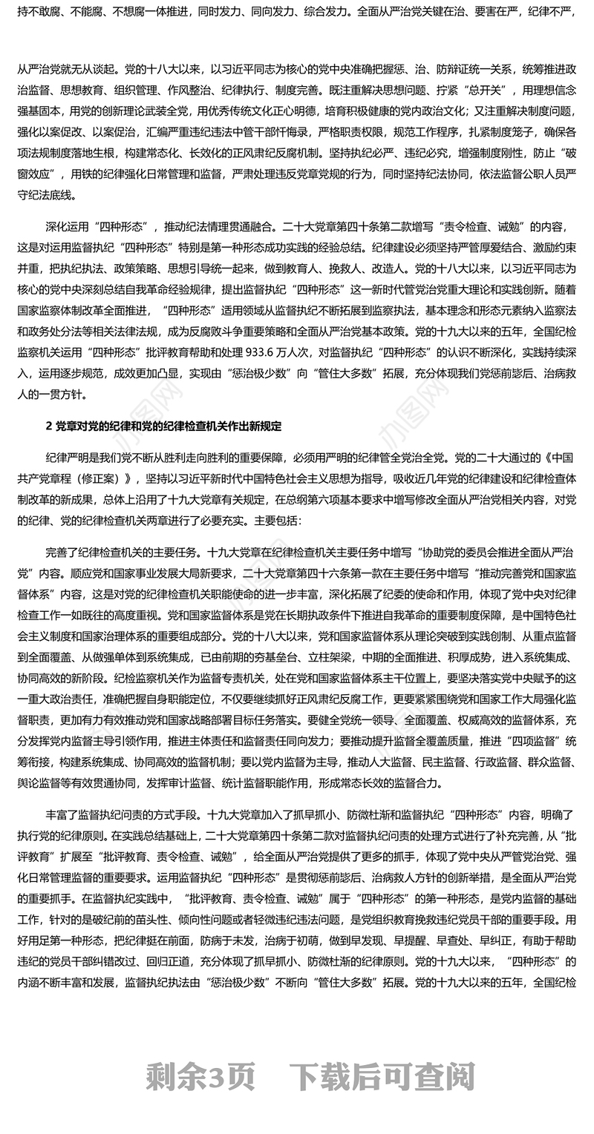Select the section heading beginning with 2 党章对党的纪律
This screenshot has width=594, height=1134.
pos(163,426)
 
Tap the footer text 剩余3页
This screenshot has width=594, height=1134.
pos(200,1077)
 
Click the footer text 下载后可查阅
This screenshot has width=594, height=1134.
pos(383,1077)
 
